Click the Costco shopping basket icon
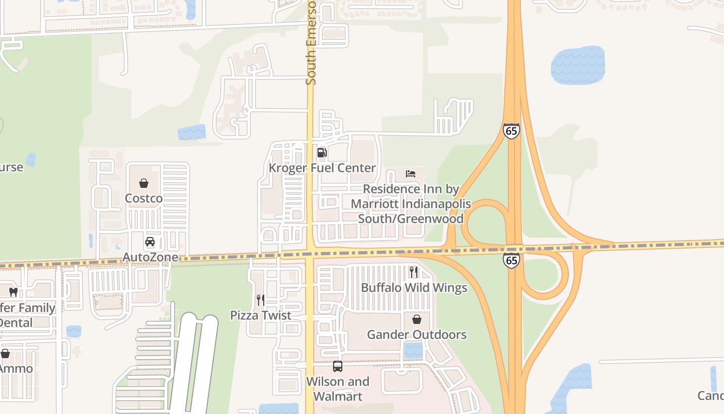pyautogui.click(x=144, y=183)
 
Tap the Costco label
pyautogui.click(x=144, y=198)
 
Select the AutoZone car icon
pyautogui.click(x=150, y=242)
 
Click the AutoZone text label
pyautogui.click(x=150, y=257)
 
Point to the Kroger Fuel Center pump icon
pyautogui.click(x=322, y=152)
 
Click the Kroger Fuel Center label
pyautogui.click(x=322, y=168)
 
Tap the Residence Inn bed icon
pyautogui.click(x=411, y=174)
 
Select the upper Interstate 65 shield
pyautogui.click(x=511, y=130)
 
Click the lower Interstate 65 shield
pyautogui.click(x=511, y=260)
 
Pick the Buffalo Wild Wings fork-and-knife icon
pyautogui.click(x=414, y=272)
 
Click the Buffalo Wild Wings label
pyautogui.click(x=414, y=288)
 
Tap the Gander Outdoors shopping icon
pyautogui.click(x=417, y=319)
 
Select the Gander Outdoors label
pyautogui.click(x=417, y=335)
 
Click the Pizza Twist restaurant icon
pyautogui.click(x=261, y=300)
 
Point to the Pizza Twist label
pyautogui.click(x=261, y=315)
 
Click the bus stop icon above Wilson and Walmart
pyautogui.click(x=338, y=366)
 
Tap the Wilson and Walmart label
pyautogui.click(x=338, y=389)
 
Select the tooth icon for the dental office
pyautogui.click(x=13, y=292)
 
